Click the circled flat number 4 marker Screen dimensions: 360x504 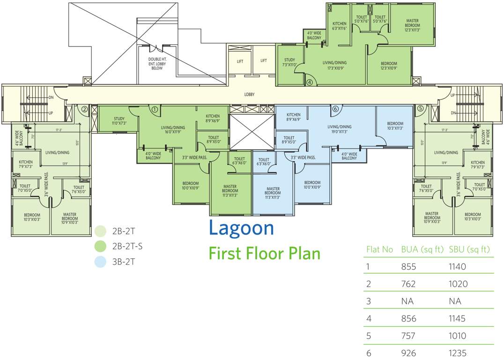click(x=309, y=82)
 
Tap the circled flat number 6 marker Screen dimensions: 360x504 click(x=335, y=109)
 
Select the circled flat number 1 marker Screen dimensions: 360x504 click(x=154, y=109)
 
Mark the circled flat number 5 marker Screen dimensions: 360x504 click(x=420, y=108)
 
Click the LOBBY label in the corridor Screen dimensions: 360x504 click(x=250, y=95)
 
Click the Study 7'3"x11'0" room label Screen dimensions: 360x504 click(x=289, y=62)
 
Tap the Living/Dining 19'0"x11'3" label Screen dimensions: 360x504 click(x=340, y=129)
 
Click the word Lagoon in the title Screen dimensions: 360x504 click(x=241, y=228)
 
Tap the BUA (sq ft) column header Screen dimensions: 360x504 click(x=422, y=249)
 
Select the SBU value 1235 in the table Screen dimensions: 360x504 click(x=457, y=353)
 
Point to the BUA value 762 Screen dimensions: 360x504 click(x=408, y=284)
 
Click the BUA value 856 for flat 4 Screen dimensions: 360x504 click(x=408, y=319)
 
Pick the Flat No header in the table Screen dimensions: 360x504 click(x=379, y=249)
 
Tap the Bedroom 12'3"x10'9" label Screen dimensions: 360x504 click(x=389, y=66)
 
